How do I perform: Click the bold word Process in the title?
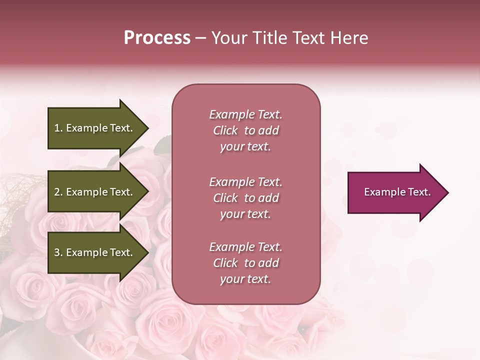click(x=157, y=38)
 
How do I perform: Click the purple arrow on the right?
click(x=395, y=192)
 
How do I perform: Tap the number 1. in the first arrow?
click(x=58, y=128)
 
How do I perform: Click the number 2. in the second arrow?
click(x=58, y=192)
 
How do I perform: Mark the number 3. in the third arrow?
click(x=58, y=252)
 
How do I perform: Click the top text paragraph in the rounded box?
click(x=245, y=130)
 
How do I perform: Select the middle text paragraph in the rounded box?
click(x=245, y=198)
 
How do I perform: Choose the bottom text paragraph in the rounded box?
click(x=245, y=263)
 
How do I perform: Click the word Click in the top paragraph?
click(x=225, y=130)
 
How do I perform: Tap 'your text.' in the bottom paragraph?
click(x=245, y=279)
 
